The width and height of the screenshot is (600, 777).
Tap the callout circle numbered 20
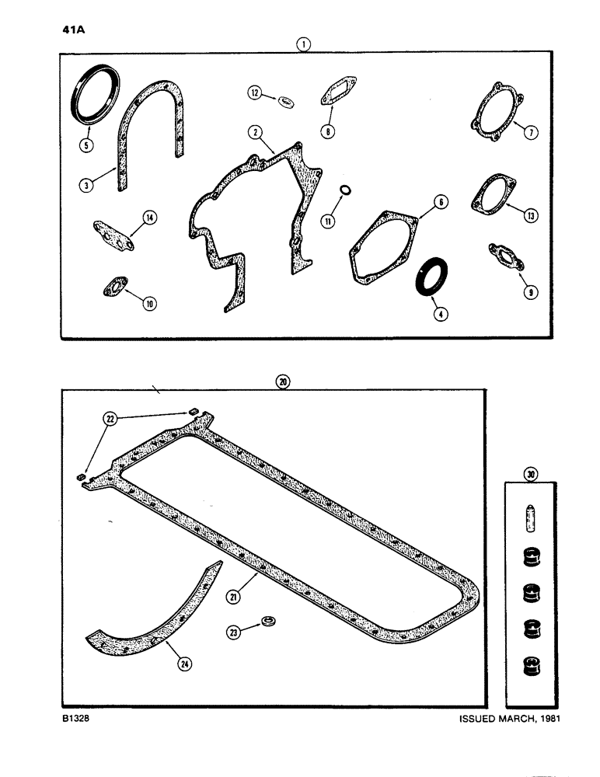[282, 382]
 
